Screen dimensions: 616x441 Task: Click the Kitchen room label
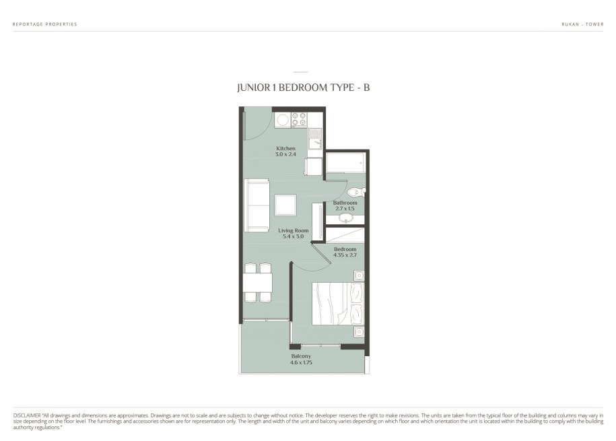[x=285, y=148]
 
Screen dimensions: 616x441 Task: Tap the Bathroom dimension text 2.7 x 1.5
[x=345, y=208]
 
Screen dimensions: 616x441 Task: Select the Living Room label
[x=294, y=230]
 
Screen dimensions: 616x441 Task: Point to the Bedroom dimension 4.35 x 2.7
[x=345, y=255]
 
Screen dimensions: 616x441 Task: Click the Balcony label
[x=301, y=356]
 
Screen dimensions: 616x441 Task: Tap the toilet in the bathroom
[x=356, y=192]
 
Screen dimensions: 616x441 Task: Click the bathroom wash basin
[x=345, y=218]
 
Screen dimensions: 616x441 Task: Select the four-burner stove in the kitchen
[x=298, y=119]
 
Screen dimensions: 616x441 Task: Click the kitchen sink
[x=315, y=139]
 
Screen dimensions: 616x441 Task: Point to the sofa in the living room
[x=256, y=205]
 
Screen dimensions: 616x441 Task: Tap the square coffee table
[x=285, y=205]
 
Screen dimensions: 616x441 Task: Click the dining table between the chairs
[x=258, y=283]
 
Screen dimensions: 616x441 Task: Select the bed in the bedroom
[x=338, y=304]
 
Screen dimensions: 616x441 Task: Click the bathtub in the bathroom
[x=345, y=162]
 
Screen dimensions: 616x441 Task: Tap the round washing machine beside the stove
[x=282, y=119]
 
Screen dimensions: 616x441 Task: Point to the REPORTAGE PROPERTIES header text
[x=45, y=24]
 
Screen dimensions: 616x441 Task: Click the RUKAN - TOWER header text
[x=582, y=24]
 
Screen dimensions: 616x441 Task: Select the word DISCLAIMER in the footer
[x=27, y=415]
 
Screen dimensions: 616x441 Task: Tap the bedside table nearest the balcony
[x=359, y=332]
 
